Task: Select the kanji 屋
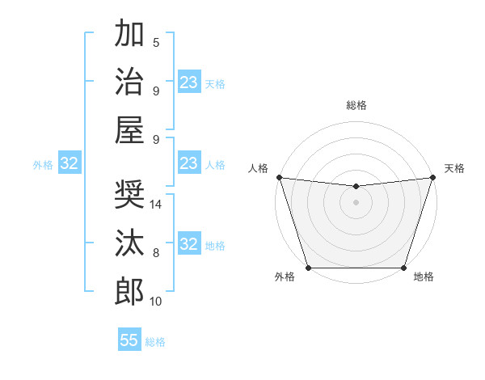[x=129, y=129]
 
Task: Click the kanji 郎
[x=129, y=291]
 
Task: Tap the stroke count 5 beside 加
[x=156, y=42]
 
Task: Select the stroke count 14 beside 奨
[x=157, y=205]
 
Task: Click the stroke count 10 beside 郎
[x=156, y=302]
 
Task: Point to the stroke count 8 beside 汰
[x=156, y=253]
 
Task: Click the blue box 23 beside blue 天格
[x=189, y=82]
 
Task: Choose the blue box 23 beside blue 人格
[x=189, y=163]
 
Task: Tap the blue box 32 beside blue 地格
[x=189, y=244]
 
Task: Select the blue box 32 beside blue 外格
[x=70, y=164]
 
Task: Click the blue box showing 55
[x=129, y=340]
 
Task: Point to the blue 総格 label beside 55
[x=155, y=341]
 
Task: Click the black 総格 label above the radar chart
[x=356, y=105]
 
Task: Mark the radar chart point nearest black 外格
[x=309, y=268]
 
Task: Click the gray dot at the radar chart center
[x=356, y=202]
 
